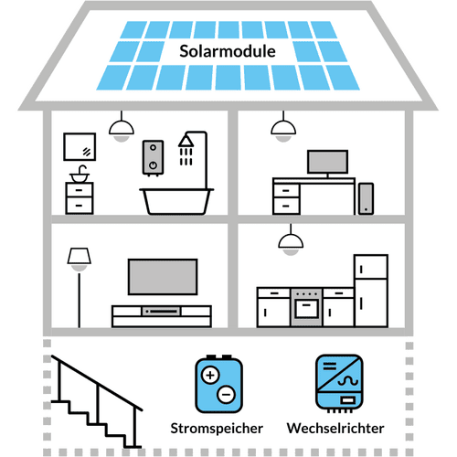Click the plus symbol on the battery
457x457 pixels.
[x=209, y=375]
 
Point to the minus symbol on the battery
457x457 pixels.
[x=225, y=395]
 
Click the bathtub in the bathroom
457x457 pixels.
[x=175, y=198]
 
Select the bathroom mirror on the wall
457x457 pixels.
[x=80, y=146]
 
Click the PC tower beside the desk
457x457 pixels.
[x=367, y=197]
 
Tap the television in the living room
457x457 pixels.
[x=160, y=276]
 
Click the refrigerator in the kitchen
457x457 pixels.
[x=370, y=287]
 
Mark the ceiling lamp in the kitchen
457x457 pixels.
[x=291, y=242]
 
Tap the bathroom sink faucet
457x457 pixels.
[x=81, y=170]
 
